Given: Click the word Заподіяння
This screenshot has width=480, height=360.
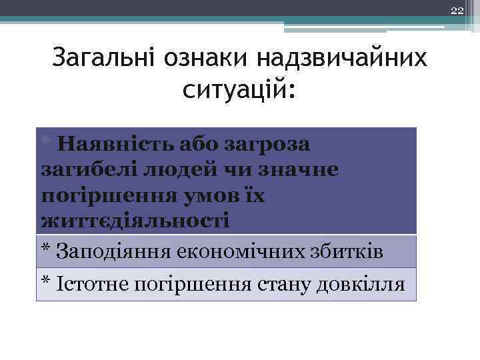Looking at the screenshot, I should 115,251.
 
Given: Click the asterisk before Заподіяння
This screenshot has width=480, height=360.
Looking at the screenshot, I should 46,249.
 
